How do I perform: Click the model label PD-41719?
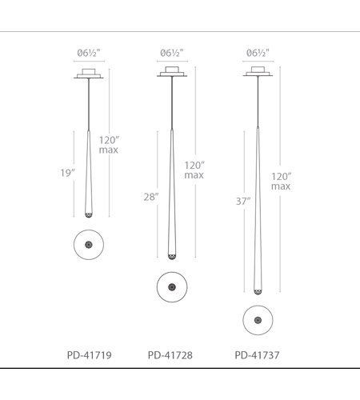point(89,355)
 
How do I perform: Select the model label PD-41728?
point(170,355)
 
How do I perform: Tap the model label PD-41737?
point(257,355)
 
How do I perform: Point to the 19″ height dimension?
point(67,173)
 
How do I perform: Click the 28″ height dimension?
point(151,197)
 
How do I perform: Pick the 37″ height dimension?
point(243,202)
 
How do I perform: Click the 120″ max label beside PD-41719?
point(109,145)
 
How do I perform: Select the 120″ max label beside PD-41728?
point(194,170)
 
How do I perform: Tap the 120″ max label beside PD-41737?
point(281,182)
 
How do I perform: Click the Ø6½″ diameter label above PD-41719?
point(89,53)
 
